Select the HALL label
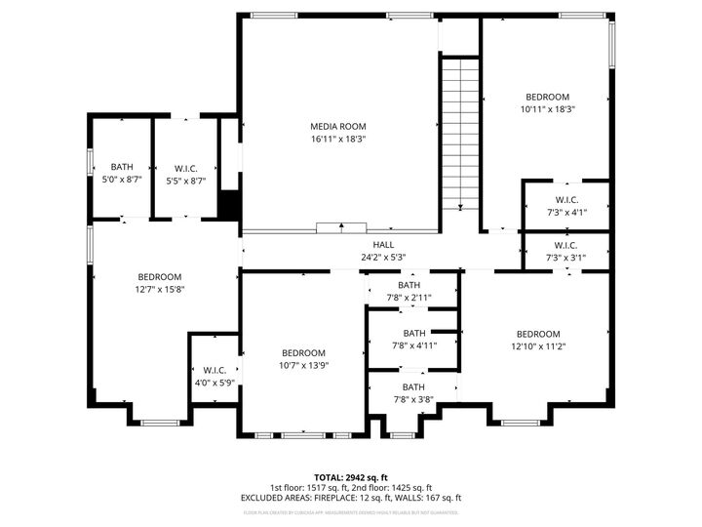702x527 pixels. pyautogui.click(x=382, y=245)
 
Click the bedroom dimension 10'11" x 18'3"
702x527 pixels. pyautogui.click(x=547, y=110)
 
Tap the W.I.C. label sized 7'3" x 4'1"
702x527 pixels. pyautogui.click(x=566, y=199)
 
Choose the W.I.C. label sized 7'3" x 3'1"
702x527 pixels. pyautogui.click(x=566, y=245)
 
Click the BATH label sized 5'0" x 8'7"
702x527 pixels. pyautogui.click(x=122, y=167)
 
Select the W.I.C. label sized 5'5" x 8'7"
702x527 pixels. pyautogui.click(x=186, y=167)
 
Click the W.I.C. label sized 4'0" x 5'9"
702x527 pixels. pyautogui.click(x=214, y=371)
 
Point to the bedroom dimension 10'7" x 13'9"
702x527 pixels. pyautogui.click(x=303, y=366)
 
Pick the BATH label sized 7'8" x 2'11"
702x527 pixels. pyautogui.click(x=409, y=285)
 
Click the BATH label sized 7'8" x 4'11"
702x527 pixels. pyautogui.click(x=414, y=333)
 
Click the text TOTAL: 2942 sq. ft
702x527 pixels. pyautogui.click(x=350, y=476)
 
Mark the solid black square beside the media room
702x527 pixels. pyautogui.click(x=230, y=206)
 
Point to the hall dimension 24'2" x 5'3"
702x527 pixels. pyautogui.click(x=382, y=258)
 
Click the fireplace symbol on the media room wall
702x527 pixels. pyautogui.click(x=341, y=228)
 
